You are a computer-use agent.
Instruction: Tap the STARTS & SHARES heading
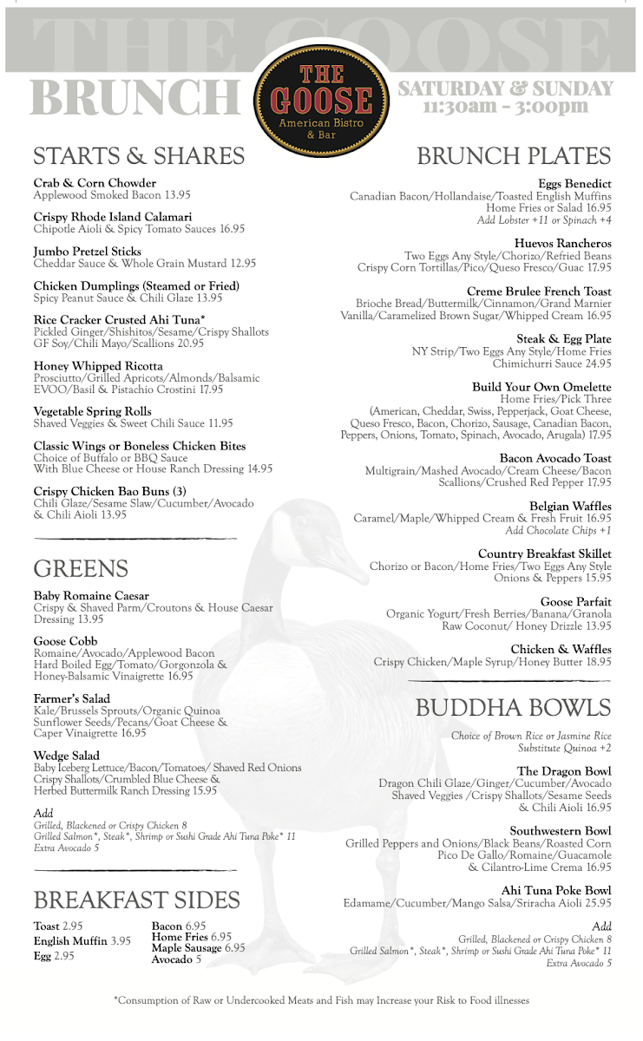139,156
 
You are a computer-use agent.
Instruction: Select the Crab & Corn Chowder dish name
95,183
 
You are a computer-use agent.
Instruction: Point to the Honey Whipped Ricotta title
98,366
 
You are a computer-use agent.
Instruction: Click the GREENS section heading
81,569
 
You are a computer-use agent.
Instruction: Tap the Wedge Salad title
67,756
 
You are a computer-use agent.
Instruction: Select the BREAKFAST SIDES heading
136,900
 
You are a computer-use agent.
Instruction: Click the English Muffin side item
71,941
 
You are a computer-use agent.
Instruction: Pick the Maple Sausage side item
187,948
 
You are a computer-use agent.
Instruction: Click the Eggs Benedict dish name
574,184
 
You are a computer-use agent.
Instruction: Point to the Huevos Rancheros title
562,244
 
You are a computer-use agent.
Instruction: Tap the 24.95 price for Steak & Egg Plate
594,363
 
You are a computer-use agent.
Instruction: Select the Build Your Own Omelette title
541,386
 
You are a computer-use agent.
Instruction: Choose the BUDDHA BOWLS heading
513,707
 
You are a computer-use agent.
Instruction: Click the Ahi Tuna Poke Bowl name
556,891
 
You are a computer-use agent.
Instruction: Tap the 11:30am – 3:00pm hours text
505,108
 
